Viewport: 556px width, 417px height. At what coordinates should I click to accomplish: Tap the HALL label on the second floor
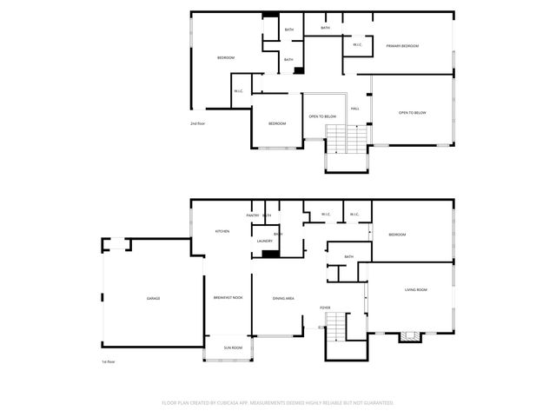click(x=354, y=109)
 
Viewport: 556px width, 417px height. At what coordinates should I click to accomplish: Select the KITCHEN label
click(x=222, y=231)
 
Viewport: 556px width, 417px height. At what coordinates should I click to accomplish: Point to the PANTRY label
click(x=253, y=215)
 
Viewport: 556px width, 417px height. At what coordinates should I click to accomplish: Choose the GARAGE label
click(x=153, y=298)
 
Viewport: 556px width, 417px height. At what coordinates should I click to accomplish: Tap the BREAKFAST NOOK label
click(x=228, y=298)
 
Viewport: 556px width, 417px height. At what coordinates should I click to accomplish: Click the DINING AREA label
click(x=283, y=298)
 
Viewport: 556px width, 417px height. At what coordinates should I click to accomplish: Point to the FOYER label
click(x=325, y=308)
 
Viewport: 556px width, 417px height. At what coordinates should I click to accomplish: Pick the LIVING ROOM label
click(x=416, y=289)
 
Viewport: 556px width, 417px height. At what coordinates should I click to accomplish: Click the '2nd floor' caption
click(x=197, y=123)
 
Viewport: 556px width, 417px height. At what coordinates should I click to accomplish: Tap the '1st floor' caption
click(x=109, y=361)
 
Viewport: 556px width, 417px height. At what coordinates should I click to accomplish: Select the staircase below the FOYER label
click(x=335, y=328)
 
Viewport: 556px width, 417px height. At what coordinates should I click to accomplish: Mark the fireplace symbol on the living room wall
click(x=409, y=337)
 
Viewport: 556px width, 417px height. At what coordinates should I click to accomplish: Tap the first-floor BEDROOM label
click(x=397, y=235)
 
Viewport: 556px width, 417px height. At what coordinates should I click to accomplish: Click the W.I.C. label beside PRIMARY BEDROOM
click(x=357, y=44)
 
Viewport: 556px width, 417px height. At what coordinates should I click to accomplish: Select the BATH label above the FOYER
click(x=348, y=256)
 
